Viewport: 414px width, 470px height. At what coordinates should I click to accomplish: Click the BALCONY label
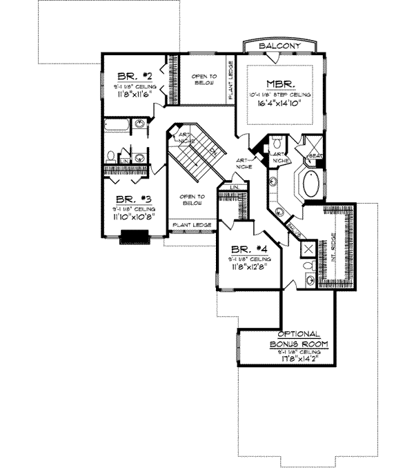click(x=279, y=46)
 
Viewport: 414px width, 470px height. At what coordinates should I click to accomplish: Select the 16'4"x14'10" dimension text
click(x=279, y=104)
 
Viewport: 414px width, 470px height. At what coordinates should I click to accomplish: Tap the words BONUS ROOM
click(x=298, y=343)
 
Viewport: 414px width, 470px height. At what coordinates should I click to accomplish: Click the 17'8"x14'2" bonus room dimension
click(x=298, y=359)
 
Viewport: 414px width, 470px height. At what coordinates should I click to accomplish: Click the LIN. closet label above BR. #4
click(x=234, y=187)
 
